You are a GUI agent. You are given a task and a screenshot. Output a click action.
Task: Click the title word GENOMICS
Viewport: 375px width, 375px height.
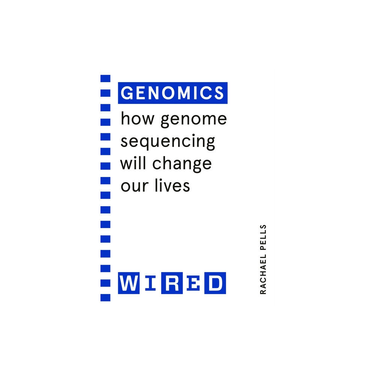point(173,93)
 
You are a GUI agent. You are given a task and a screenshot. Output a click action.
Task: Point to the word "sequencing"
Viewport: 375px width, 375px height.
point(168,142)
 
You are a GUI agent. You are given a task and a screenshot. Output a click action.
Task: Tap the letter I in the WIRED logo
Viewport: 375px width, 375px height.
point(150,283)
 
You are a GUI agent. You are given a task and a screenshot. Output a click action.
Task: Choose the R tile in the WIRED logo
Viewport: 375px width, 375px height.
point(171,283)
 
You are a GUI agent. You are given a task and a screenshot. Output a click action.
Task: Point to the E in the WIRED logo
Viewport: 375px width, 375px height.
point(193,283)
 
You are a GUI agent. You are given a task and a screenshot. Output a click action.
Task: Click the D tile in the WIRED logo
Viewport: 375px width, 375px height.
point(215,283)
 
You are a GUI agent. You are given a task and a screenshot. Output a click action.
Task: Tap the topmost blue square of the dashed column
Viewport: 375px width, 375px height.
point(105,78)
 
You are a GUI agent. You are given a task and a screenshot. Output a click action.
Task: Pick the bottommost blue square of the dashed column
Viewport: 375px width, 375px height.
point(105,297)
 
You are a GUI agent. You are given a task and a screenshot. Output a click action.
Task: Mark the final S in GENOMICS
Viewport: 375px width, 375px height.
point(219,93)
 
